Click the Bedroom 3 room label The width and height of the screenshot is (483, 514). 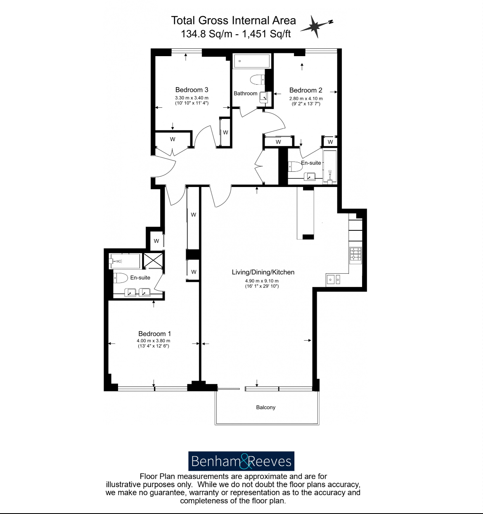click(192, 90)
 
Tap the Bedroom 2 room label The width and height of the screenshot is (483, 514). click(305, 90)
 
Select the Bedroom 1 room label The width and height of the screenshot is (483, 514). click(154, 334)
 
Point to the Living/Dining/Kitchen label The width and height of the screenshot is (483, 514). click(263, 272)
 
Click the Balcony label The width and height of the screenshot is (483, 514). click(265, 407)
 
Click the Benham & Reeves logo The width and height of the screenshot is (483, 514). click(241, 461)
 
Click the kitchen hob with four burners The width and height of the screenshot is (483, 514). click(355, 255)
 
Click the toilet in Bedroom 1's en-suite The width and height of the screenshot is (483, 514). click(120, 278)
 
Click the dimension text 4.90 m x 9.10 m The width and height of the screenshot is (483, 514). click(261, 281)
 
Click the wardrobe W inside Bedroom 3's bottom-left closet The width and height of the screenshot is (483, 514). click(173, 139)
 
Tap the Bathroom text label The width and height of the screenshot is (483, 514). click(245, 93)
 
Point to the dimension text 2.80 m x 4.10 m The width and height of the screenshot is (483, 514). click(305, 99)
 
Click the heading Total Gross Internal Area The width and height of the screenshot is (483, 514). click(233, 20)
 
